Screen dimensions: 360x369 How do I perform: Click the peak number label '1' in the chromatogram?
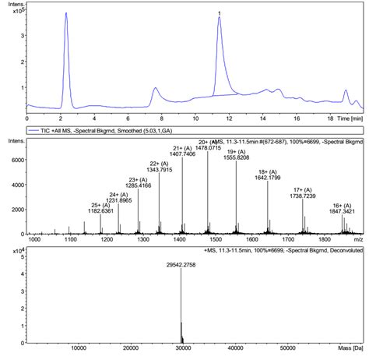point(220,13)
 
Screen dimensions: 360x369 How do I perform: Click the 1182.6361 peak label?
point(101,211)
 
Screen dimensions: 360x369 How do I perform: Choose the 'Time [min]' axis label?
point(346,118)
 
